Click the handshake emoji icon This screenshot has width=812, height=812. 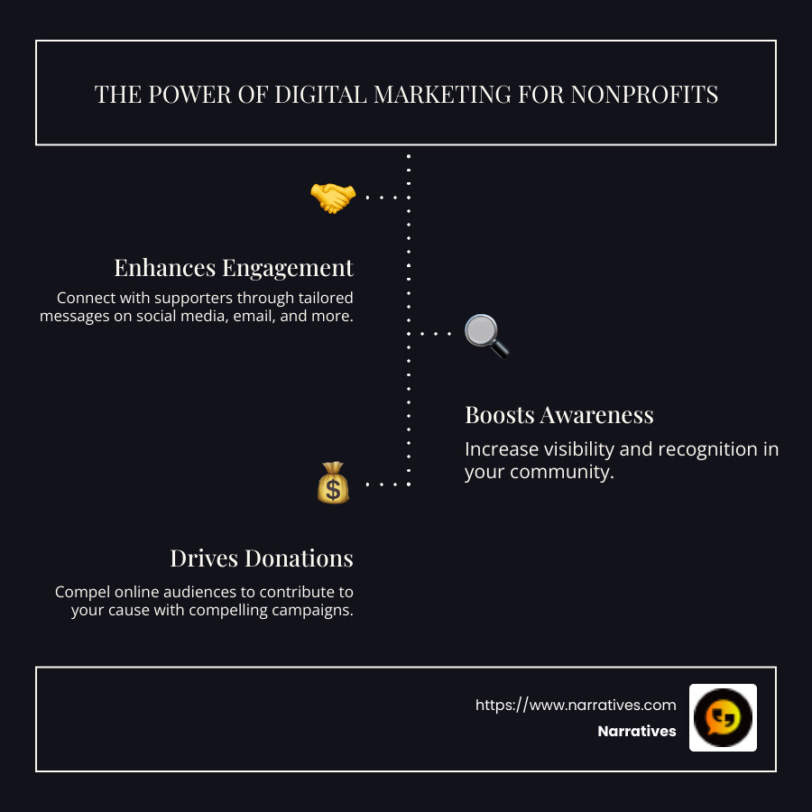[332, 198]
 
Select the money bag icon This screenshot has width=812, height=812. [333, 483]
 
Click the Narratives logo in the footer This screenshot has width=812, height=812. [723, 717]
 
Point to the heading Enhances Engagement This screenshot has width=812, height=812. [234, 268]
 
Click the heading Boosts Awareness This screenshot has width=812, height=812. [558, 415]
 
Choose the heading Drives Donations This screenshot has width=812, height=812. [262, 558]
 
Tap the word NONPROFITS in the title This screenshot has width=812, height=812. [644, 95]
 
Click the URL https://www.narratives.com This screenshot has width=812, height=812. [576, 705]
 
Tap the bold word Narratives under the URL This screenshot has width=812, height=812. [636, 731]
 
